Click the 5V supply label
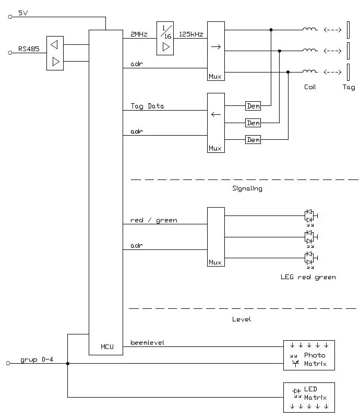tap(23, 12)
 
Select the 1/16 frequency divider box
tap(165, 38)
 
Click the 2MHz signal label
tap(139, 34)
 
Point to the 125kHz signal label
tap(190, 34)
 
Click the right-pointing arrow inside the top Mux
tap(215, 47)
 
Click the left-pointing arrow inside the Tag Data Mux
tap(215, 114)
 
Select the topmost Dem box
tap(253, 106)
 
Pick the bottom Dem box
tap(253, 140)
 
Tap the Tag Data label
tap(147, 106)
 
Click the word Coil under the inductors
tap(310, 87)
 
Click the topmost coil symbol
tap(309, 30)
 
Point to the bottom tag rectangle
tap(349, 71)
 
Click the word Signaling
tap(247, 188)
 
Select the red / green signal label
tap(153, 220)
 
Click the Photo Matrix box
tap(309, 355)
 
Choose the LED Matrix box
tap(309, 398)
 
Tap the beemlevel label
tap(148, 342)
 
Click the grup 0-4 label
tap(37, 360)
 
